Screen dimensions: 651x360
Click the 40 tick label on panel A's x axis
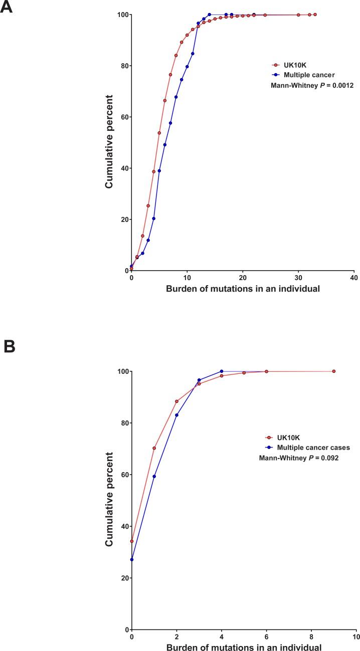click(x=354, y=278)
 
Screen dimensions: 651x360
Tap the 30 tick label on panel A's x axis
click(x=298, y=278)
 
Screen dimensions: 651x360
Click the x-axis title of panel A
click(x=243, y=289)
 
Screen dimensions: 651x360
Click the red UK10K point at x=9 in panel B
click(x=333, y=371)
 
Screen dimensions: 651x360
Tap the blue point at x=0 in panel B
click(x=131, y=559)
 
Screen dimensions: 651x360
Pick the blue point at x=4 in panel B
click(x=221, y=371)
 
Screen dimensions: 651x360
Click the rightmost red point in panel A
click(x=315, y=15)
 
